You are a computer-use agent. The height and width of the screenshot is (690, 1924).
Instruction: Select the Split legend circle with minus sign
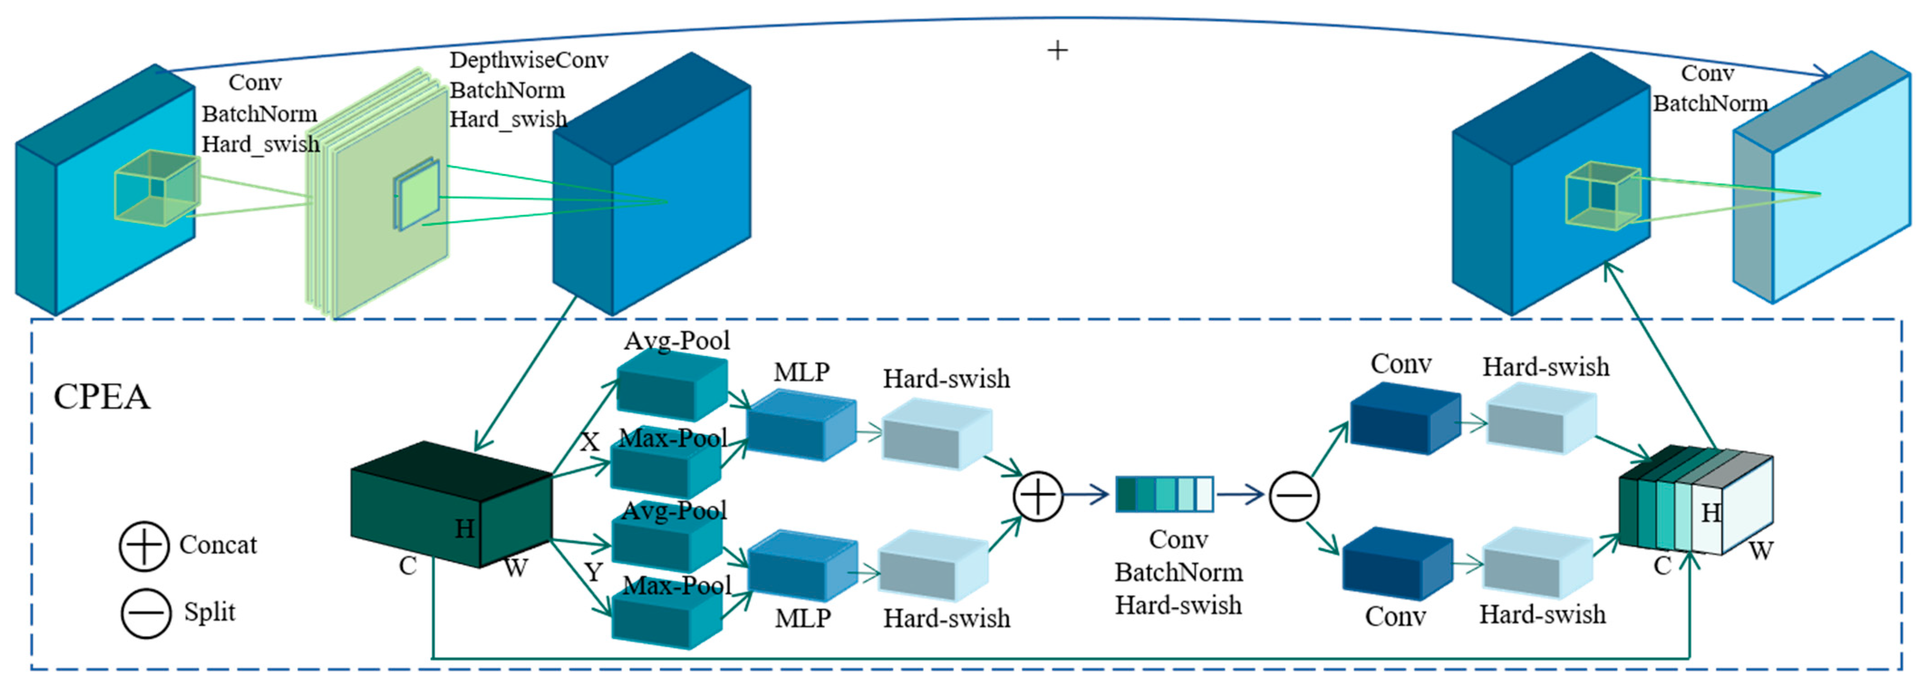point(145,613)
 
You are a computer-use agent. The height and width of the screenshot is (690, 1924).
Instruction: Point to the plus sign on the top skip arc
point(1057,51)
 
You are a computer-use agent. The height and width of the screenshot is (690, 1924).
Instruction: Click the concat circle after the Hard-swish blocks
point(1037,496)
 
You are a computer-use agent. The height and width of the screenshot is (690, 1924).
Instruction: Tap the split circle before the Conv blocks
point(1294,496)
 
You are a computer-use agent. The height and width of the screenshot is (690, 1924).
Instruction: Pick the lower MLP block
point(802,566)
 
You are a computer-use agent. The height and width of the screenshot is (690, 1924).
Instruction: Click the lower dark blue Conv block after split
point(1397,564)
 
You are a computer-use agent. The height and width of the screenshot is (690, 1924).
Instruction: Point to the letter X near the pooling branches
point(590,442)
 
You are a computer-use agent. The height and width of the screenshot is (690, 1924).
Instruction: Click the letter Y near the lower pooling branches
point(593,573)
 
